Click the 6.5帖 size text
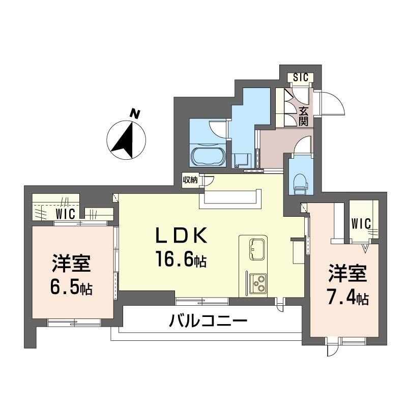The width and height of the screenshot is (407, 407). [71, 288]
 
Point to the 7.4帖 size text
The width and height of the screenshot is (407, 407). [348, 298]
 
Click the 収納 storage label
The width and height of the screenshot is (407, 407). [190, 180]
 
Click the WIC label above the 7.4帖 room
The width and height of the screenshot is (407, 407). [361, 223]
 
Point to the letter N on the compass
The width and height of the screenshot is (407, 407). [134, 114]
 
